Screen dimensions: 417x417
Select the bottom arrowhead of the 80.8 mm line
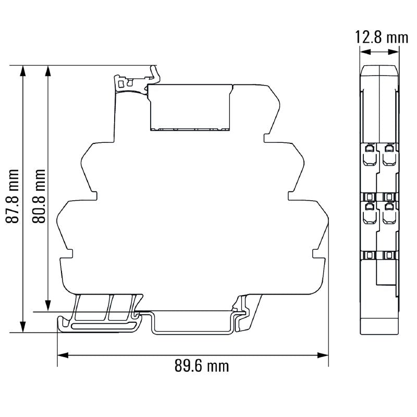(x=48, y=306)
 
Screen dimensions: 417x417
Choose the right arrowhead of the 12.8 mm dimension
(x=396, y=52)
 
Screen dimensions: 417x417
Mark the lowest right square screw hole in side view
(x=388, y=255)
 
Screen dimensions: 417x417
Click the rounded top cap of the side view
(x=379, y=71)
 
